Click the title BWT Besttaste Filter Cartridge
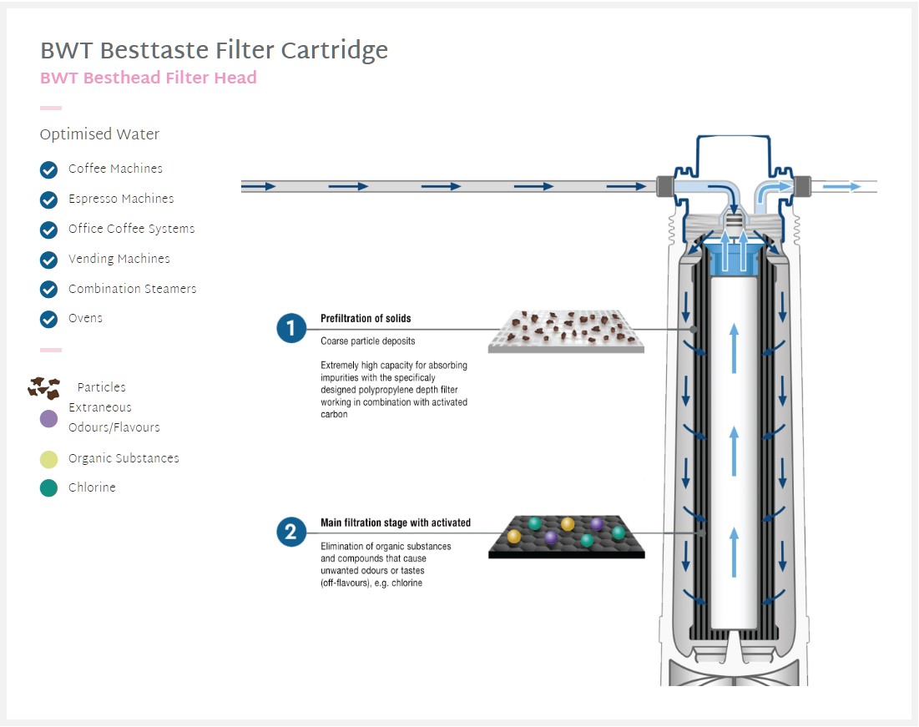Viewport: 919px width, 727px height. (214, 51)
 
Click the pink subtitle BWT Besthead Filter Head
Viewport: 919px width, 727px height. (148, 78)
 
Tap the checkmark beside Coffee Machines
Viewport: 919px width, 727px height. (48, 169)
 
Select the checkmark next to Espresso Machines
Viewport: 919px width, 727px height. (48, 199)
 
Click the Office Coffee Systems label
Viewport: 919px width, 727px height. (131, 229)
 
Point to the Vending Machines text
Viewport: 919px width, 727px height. (119, 259)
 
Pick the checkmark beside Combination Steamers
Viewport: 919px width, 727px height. (48, 290)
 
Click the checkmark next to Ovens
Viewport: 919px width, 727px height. (48, 319)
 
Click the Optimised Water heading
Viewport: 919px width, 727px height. (99, 134)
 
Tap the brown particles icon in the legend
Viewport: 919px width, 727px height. (44, 387)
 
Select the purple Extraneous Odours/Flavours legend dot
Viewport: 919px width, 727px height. (48, 418)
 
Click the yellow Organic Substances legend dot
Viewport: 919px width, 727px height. (48, 459)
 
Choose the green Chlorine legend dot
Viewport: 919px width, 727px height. (48, 488)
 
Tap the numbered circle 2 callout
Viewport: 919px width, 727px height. (290, 533)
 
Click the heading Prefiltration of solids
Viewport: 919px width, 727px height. (366, 319)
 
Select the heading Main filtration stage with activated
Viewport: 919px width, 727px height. (396, 523)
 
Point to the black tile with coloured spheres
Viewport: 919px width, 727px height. (566, 536)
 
